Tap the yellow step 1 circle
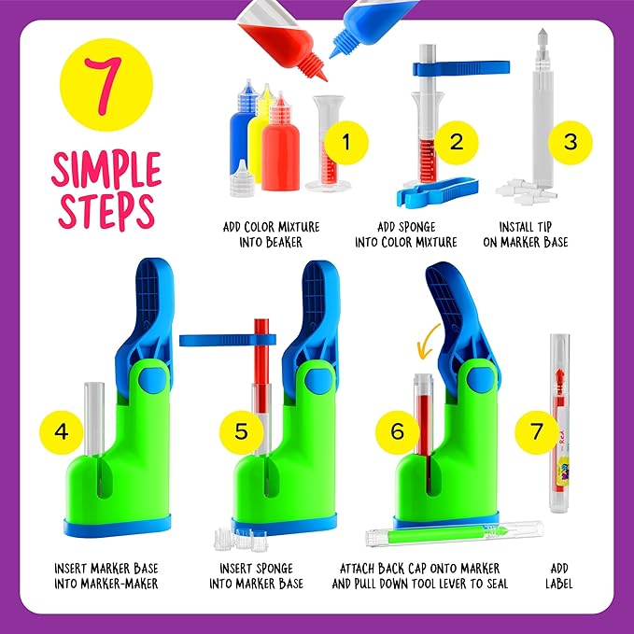(x=346, y=143)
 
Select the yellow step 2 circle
(x=457, y=143)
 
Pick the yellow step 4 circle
(x=62, y=432)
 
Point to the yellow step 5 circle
(x=241, y=432)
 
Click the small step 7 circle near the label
(x=536, y=432)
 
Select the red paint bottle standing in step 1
(x=279, y=154)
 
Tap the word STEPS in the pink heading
(x=106, y=212)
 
